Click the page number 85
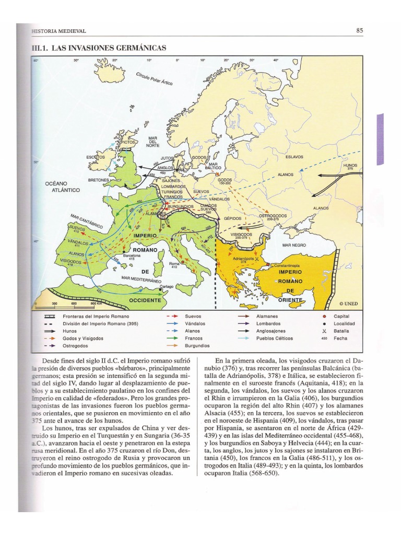(359, 31)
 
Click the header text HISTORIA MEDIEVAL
(58, 31)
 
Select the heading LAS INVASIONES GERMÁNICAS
(99, 48)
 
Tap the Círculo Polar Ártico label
(155, 78)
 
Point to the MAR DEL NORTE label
(152, 142)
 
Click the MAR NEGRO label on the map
(293, 245)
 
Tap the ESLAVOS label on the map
(294, 157)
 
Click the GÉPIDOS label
(233, 218)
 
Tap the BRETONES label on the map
(98, 180)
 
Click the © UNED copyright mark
(348, 303)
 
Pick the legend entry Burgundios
(196, 345)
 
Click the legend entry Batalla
(341, 331)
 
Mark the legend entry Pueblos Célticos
(274, 338)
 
